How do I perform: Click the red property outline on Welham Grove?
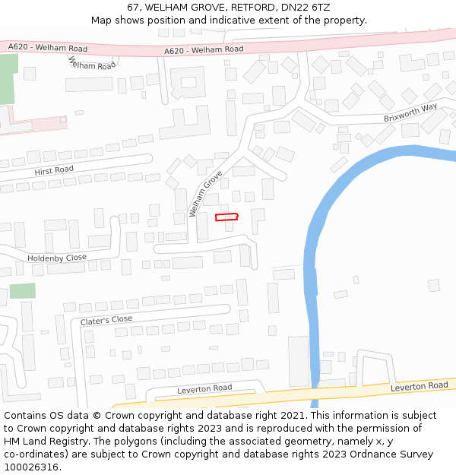click(226, 217)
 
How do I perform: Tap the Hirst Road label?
click(54, 171)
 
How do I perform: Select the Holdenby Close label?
click(57, 258)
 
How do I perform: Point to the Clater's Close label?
click(106, 320)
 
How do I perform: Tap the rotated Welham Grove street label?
click(205, 194)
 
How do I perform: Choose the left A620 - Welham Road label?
click(48, 48)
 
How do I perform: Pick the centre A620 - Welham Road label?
click(204, 49)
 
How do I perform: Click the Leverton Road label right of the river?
click(419, 386)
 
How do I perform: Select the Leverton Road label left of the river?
click(204, 389)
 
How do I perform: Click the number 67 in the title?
click(133, 8)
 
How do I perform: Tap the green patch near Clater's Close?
click(22, 290)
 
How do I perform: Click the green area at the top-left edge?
click(7, 80)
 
